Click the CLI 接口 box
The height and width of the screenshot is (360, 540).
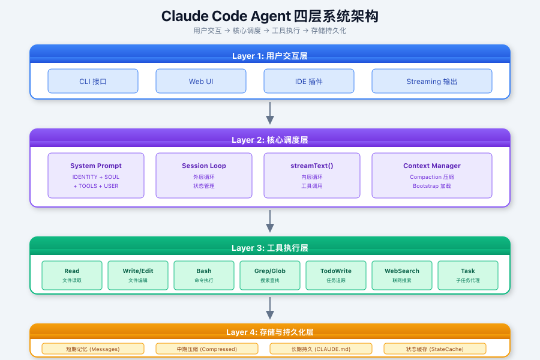point(93,81)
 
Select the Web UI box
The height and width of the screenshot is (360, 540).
point(201,81)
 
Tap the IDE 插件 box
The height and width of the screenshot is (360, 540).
point(309,81)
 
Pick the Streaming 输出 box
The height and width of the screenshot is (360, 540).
point(432,81)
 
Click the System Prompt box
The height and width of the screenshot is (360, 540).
point(96,175)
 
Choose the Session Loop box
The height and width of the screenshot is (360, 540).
point(204,175)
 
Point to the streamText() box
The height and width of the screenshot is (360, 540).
point(312,175)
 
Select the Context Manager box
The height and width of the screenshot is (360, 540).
point(432,175)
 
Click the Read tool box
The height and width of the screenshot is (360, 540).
point(72,275)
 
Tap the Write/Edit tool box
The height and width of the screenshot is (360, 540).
point(138,275)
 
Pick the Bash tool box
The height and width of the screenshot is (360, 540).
point(204,275)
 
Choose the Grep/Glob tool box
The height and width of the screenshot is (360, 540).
point(270,275)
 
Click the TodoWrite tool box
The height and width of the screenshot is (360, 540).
point(336,275)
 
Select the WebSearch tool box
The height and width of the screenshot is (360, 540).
point(402,275)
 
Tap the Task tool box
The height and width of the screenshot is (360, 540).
point(468,275)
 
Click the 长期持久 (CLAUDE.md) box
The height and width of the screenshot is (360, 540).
point(321,349)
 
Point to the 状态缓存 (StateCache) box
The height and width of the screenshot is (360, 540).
point(435,349)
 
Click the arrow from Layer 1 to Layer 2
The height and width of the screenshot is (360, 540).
point(270,113)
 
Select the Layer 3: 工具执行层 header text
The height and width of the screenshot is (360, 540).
point(270,248)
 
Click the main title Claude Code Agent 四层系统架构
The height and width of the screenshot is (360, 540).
point(270,16)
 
